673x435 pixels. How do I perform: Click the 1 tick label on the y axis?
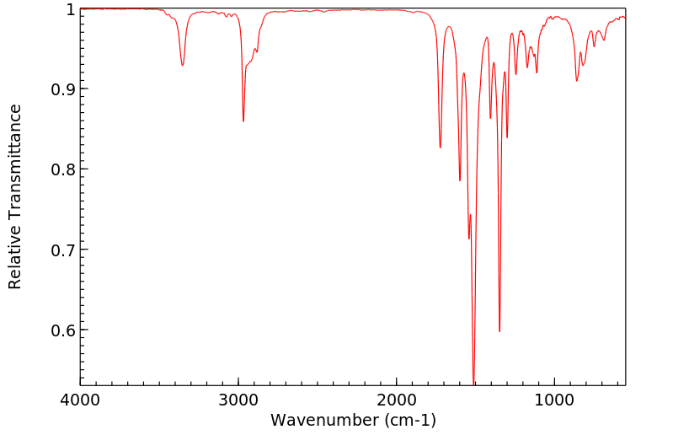(70, 9)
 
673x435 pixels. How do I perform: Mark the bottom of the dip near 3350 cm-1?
(183, 66)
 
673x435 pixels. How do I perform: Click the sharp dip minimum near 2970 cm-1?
(243, 121)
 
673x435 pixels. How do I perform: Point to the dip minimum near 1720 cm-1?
(440, 148)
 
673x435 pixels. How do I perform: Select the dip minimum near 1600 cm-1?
(460, 180)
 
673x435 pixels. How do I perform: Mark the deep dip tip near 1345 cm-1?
(499, 331)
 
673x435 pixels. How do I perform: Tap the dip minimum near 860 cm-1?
(576, 81)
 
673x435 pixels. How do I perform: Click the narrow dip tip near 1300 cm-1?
(507, 137)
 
